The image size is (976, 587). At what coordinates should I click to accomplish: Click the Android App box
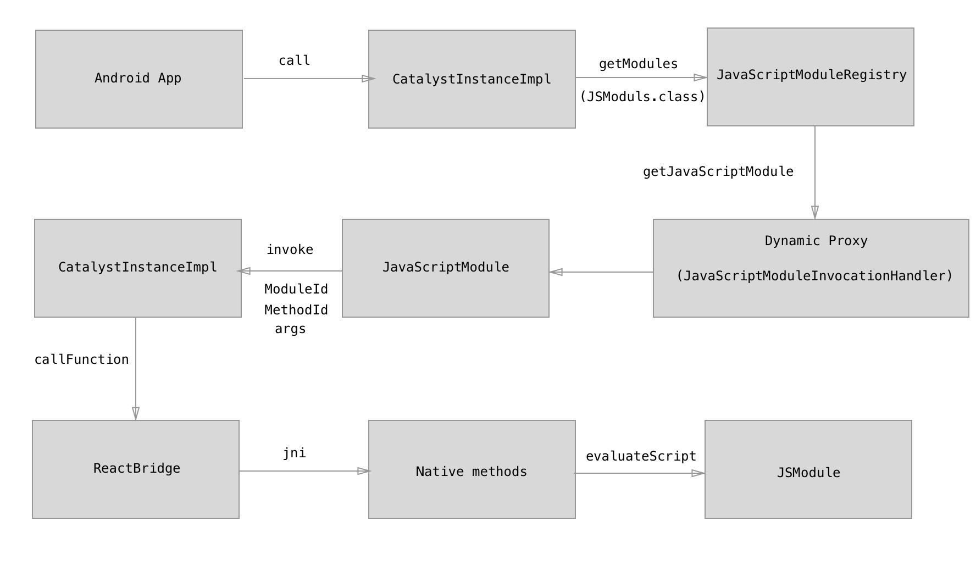point(138,79)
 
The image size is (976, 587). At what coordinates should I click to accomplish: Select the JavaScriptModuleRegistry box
point(810,77)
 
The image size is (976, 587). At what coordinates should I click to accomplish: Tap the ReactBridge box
point(136,469)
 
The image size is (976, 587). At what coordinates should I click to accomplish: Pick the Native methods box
point(472,469)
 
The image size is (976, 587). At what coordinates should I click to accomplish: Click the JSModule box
point(808,469)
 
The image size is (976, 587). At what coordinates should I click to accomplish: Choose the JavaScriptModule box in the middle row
point(445,268)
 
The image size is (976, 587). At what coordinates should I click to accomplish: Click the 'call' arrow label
point(294,60)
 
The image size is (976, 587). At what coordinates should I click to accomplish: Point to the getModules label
point(638,64)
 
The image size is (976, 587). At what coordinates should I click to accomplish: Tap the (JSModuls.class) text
point(642,97)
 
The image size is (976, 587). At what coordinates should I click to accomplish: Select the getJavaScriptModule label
point(718,171)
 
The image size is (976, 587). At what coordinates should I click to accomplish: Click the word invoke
point(290,250)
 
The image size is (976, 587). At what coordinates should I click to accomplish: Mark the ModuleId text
point(296,289)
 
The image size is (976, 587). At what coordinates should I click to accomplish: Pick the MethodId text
point(296,310)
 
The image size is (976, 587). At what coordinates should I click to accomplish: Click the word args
point(290,329)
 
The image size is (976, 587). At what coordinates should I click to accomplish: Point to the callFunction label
point(81,359)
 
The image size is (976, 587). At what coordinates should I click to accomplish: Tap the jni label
point(294,453)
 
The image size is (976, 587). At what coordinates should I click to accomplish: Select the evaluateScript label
point(641,456)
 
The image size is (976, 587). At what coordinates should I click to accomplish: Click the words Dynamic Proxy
point(816,241)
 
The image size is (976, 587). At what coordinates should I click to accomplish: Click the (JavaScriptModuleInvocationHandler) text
point(814,276)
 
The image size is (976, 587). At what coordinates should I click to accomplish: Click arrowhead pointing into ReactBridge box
point(136,413)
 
